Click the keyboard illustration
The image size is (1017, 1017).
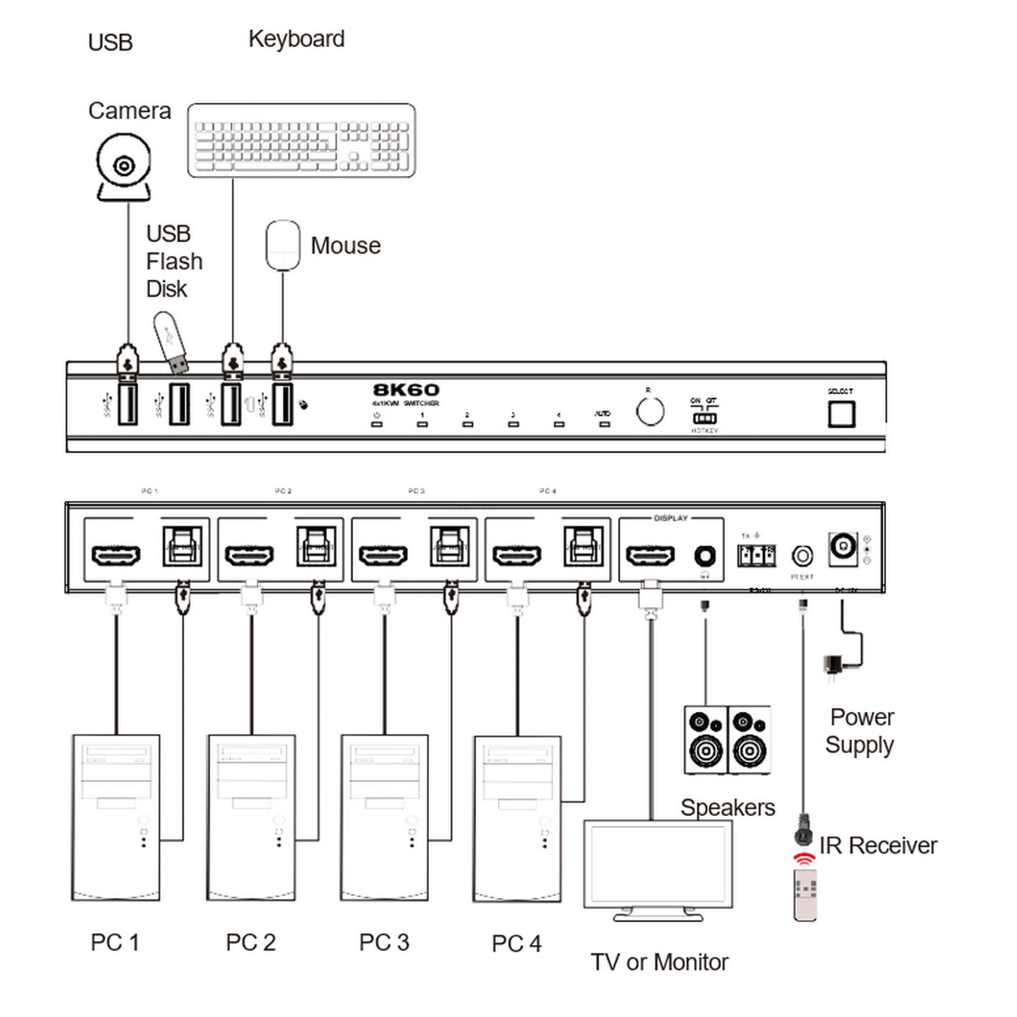click(x=302, y=140)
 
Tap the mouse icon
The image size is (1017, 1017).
click(x=283, y=245)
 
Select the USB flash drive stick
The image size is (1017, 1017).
click(x=171, y=342)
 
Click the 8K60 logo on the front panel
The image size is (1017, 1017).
click(x=405, y=390)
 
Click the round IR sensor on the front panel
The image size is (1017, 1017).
click(x=650, y=411)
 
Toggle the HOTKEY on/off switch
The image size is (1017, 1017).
click(x=705, y=417)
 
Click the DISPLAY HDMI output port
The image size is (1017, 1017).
click(x=650, y=555)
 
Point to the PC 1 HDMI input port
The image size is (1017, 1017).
click(x=116, y=555)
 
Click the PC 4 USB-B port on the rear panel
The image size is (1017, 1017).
click(x=582, y=546)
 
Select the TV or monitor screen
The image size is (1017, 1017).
click(x=658, y=865)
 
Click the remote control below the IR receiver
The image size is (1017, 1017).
click(x=805, y=895)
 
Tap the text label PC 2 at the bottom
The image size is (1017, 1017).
click(x=250, y=942)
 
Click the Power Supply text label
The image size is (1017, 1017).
click(x=860, y=730)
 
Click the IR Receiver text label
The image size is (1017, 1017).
click(x=878, y=846)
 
